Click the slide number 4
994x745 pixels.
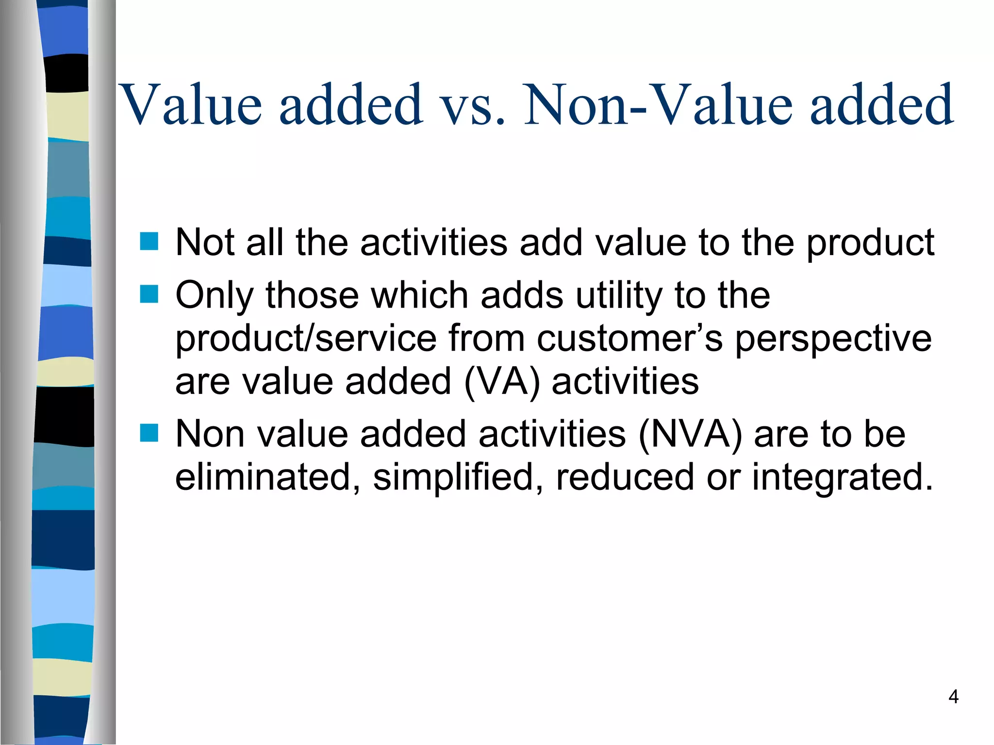[953, 697]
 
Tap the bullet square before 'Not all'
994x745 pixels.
[149, 241]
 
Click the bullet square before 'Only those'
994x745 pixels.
[149, 294]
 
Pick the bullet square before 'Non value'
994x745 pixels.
[149, 433]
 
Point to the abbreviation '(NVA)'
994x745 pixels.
[690, 434]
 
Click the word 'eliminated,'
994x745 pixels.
[267, 477]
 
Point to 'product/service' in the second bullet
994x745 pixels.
[306, 338]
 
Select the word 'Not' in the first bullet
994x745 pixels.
[205, 242]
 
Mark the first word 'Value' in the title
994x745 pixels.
[190, 104]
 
